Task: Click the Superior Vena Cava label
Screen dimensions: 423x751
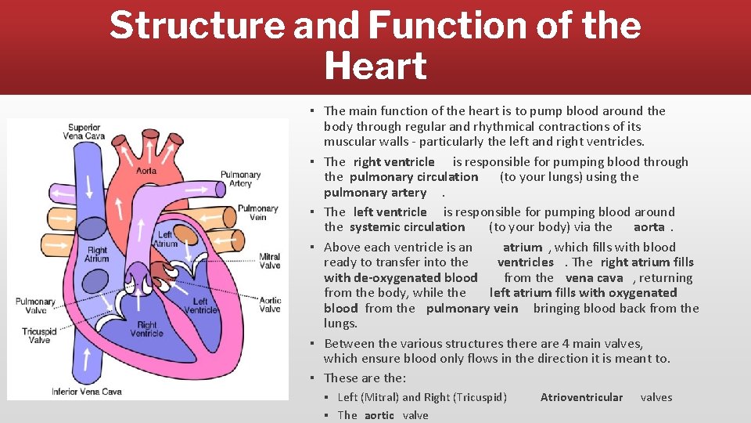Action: point(84,132)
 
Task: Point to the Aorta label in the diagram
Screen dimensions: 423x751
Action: point(146,171)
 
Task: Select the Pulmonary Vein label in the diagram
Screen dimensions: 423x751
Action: point(257,212)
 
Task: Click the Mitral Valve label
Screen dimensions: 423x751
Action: point(270,261)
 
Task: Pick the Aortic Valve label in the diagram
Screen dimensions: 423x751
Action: point(270,305)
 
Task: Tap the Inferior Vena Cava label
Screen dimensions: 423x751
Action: point(87,391)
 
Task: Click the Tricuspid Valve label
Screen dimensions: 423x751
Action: point(36,336)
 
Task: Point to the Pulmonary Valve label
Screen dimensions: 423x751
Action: point(36,305)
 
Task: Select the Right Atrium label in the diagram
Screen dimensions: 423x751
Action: point(98,254)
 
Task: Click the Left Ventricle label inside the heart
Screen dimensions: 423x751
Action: point(200,305)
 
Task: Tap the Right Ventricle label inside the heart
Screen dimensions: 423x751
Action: point(146,330)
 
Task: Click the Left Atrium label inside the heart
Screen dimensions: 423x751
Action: point(165,239)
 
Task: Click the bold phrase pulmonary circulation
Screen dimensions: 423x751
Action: point(414,177)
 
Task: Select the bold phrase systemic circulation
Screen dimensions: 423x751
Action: point(407,227)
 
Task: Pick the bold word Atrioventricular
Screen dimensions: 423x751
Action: point(581,397)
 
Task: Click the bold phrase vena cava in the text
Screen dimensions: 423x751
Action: point(594,278)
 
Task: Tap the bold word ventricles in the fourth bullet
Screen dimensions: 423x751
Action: point(525,262)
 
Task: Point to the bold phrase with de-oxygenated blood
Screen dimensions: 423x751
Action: point(401,278)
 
